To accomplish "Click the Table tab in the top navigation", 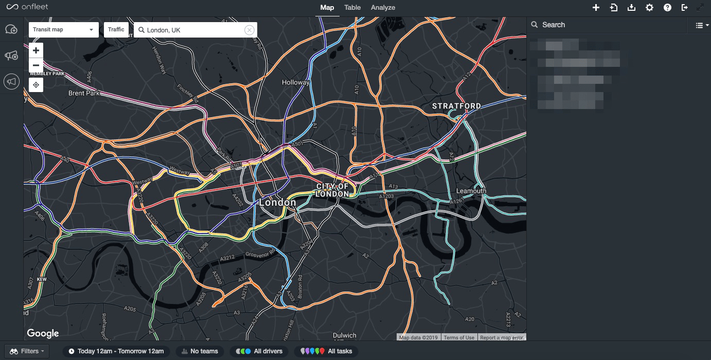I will point(352,8).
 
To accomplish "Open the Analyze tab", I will point(383,8).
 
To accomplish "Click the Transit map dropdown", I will point(63,30).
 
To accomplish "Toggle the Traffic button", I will point(116,30).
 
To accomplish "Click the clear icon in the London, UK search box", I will point(249,30).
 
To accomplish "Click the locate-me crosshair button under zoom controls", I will point(36,85).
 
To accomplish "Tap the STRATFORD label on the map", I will point(456,106).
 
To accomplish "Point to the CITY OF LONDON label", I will point(332,190).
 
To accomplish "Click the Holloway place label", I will point(296,82).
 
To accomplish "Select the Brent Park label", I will point(84,94).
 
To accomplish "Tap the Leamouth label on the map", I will point(471,191).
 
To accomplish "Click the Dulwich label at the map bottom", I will point(344,335).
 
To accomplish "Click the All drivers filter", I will point(259,351).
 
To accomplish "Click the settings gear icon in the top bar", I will point(649,8).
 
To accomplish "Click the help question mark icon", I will point(667,8).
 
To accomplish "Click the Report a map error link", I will point(501,337).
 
